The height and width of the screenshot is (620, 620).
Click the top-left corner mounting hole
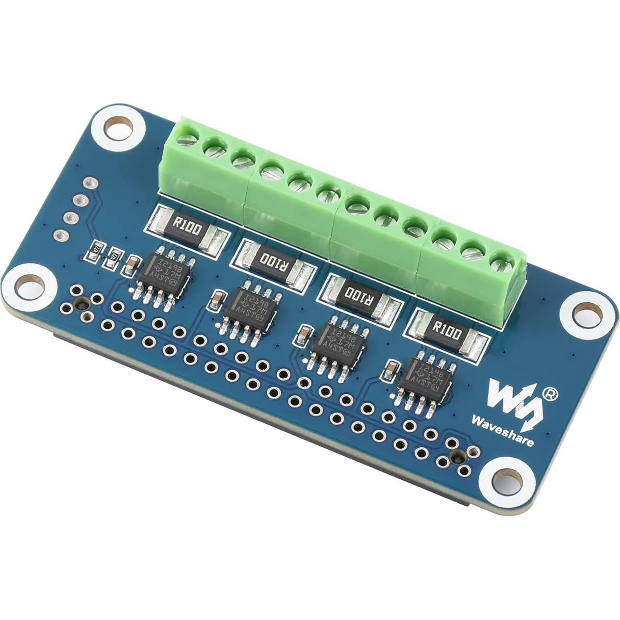119,129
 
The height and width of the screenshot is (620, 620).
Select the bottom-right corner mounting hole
507,482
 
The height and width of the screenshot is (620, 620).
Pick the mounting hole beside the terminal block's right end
588,313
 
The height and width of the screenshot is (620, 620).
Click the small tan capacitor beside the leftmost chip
131,265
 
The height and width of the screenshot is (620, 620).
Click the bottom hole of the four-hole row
60,235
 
